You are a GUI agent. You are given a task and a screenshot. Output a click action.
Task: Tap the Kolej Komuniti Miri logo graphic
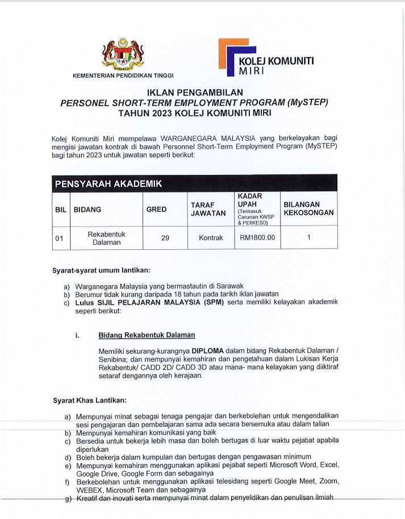coord(233,57)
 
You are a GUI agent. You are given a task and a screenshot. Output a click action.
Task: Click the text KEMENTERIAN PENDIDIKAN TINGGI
coord(123,76)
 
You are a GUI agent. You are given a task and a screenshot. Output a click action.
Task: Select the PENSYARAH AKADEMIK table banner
coord(108,183)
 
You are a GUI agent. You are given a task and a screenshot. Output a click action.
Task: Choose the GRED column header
coord(157,210)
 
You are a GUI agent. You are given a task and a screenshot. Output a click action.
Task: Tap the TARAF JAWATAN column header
coord(211,210)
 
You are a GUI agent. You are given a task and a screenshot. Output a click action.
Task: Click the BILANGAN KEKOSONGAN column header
coord(308,209)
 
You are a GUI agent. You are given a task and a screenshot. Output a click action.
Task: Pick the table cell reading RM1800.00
coord(257,238)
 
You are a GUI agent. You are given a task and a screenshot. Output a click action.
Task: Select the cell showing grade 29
coord(165,238)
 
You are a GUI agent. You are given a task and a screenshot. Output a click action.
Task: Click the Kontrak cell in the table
coord(211,238)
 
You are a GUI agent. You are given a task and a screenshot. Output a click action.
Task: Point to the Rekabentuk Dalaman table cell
coord(106,238)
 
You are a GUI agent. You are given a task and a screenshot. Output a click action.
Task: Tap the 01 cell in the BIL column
coord(59,238)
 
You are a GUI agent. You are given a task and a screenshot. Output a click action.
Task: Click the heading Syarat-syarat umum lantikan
coord(101,270)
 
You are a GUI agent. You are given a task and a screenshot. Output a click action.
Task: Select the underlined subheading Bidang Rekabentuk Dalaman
coord(147,335)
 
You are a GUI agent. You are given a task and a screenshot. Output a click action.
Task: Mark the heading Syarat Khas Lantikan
coord(90,401)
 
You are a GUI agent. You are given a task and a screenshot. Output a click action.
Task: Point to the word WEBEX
coord(89,490)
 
